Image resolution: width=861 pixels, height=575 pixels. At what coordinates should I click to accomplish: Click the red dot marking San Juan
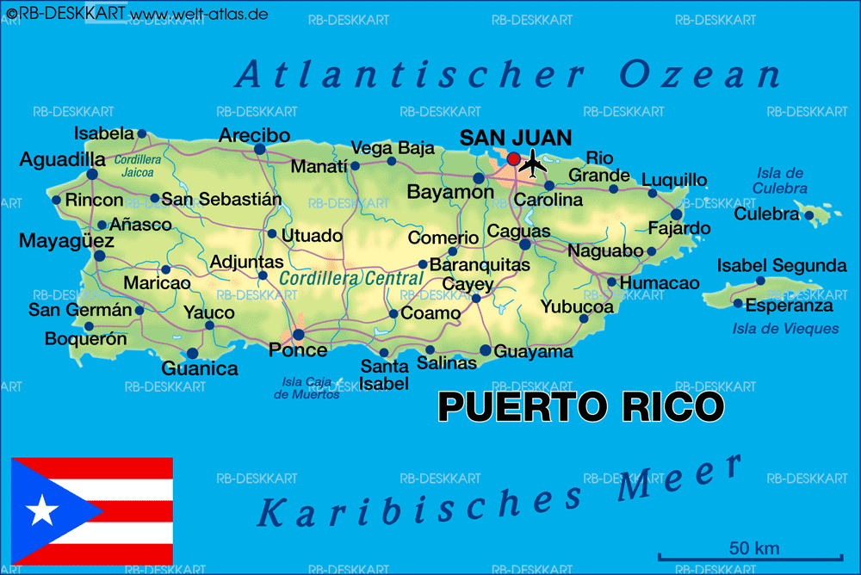(x=514, y=158)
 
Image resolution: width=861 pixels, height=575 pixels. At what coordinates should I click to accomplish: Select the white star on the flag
(x=41, y=511)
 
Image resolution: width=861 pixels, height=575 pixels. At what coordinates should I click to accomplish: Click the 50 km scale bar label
(x=753, y=547)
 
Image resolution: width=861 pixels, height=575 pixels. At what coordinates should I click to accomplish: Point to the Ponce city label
(x=298, y=350)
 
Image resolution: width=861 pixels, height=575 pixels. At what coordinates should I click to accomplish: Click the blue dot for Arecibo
(x=259, y=149)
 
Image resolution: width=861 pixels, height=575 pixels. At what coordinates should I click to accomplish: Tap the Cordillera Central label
(x=351, y=279)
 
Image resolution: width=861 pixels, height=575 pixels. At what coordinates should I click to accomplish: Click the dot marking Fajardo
(x=677, y=214)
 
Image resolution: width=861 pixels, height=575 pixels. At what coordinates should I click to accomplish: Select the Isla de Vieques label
(x=785, y=328)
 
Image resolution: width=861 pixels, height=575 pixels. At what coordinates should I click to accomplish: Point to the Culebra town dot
(x=809, y=215)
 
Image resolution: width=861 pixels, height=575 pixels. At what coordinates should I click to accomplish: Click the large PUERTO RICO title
(x=581, y=407)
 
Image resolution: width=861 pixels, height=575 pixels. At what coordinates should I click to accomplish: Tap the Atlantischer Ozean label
(x=508, y=76)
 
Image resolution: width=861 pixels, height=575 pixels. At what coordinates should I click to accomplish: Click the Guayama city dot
(x=486, y=349)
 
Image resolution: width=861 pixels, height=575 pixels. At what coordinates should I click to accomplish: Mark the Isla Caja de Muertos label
(x=307, y=388)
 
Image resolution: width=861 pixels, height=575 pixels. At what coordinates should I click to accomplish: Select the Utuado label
(x=312, y=235)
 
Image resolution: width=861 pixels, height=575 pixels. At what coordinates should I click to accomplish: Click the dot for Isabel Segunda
(x=760, y=281)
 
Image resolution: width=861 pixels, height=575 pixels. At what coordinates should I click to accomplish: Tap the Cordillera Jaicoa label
(x=138, y=166)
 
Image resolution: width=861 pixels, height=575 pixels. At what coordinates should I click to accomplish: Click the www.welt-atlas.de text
(x=199, y=14)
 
